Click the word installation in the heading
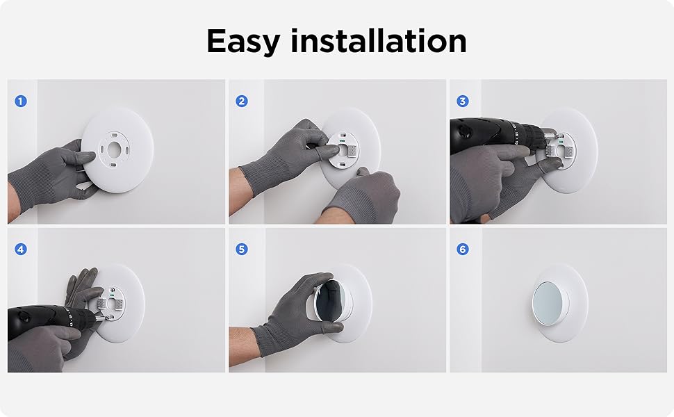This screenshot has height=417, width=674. (379, 42)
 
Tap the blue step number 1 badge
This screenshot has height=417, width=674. (20, 101)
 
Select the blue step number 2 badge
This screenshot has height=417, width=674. (241, 101)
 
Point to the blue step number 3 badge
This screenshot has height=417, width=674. (462, 101)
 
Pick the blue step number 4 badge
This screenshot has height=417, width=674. (20, 249)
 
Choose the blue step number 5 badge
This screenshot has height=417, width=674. (241, 249)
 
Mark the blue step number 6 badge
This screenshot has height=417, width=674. (462, 249)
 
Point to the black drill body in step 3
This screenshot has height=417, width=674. (493, 132)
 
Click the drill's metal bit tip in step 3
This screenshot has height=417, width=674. (553, 138)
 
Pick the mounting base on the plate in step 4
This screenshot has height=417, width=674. (110, 302)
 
